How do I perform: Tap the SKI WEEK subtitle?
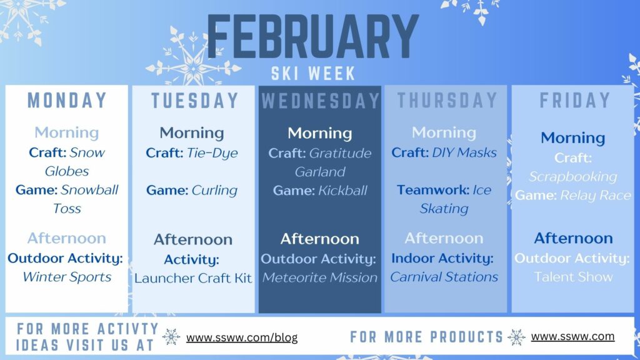click(313, 73)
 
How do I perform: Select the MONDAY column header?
click(67, 101)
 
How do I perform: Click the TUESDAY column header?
click(194, 101)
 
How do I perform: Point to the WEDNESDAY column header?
click(320, 101)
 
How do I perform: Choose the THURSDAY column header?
click(446, 101)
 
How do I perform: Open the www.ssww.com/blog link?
click(242, 337)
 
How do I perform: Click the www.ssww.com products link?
click(572, 336)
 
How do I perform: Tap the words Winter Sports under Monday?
click(67, 277)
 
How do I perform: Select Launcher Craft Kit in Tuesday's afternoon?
click(193, 278)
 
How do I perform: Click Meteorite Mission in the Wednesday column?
click(320, 277)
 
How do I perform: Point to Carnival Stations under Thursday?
click(444, 277)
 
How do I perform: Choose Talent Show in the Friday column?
click(573, 277)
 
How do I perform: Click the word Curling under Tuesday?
click(214, 190)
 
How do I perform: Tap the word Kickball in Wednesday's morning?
click(342, 190)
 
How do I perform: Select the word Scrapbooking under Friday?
click(573, 177)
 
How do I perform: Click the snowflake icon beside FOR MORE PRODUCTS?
click(517, 337)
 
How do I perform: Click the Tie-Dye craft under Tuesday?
click(212, 153)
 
